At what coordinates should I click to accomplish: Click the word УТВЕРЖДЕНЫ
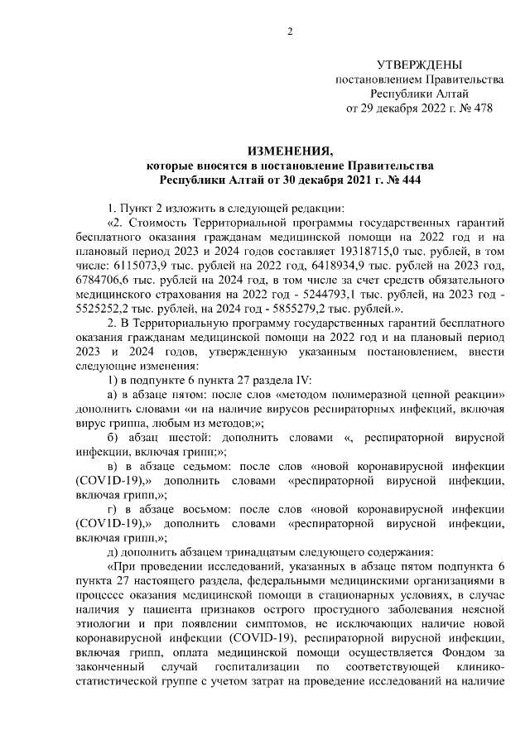pos(419,65)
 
